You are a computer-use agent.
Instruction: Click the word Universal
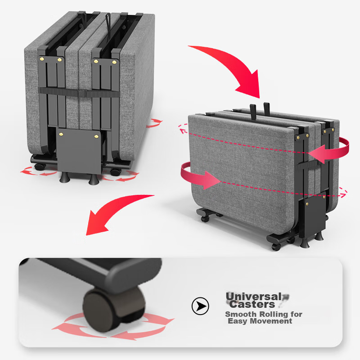(254, 296)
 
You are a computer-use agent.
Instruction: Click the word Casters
(252, 305)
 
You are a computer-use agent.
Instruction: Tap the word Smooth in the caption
(241, 314)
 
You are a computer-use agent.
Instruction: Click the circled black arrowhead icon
(200, 306)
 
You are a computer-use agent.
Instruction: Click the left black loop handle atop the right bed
(253, 111)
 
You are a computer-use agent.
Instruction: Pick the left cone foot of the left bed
(64, 177)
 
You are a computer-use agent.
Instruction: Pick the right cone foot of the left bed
(94, 179)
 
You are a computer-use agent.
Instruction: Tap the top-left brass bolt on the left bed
(42, 59)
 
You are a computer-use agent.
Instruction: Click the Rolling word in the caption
(274, 314)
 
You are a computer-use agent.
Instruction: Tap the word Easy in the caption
(238, 321)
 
